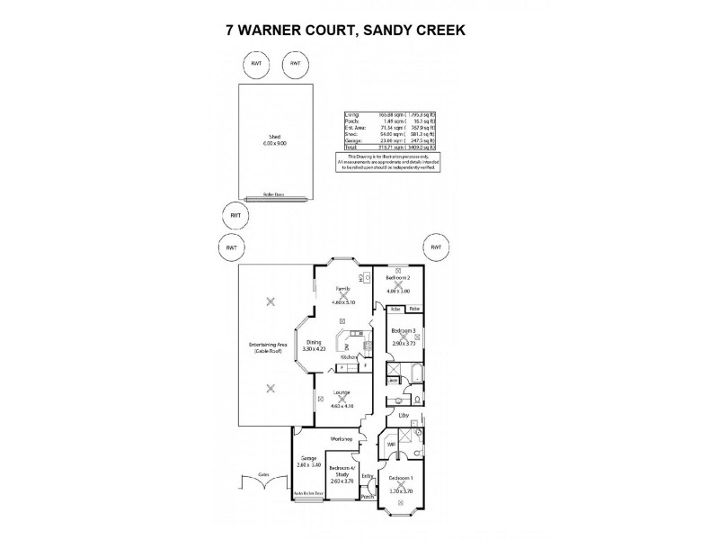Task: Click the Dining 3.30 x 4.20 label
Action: [x=315, y=346]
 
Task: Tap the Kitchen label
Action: [x=349, y=358]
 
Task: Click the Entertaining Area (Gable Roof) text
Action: [x=268, y=346]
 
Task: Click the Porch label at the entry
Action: [x=367, y=496]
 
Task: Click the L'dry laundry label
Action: [x=404, y=416]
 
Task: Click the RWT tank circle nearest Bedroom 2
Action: [x=436, y=247]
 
